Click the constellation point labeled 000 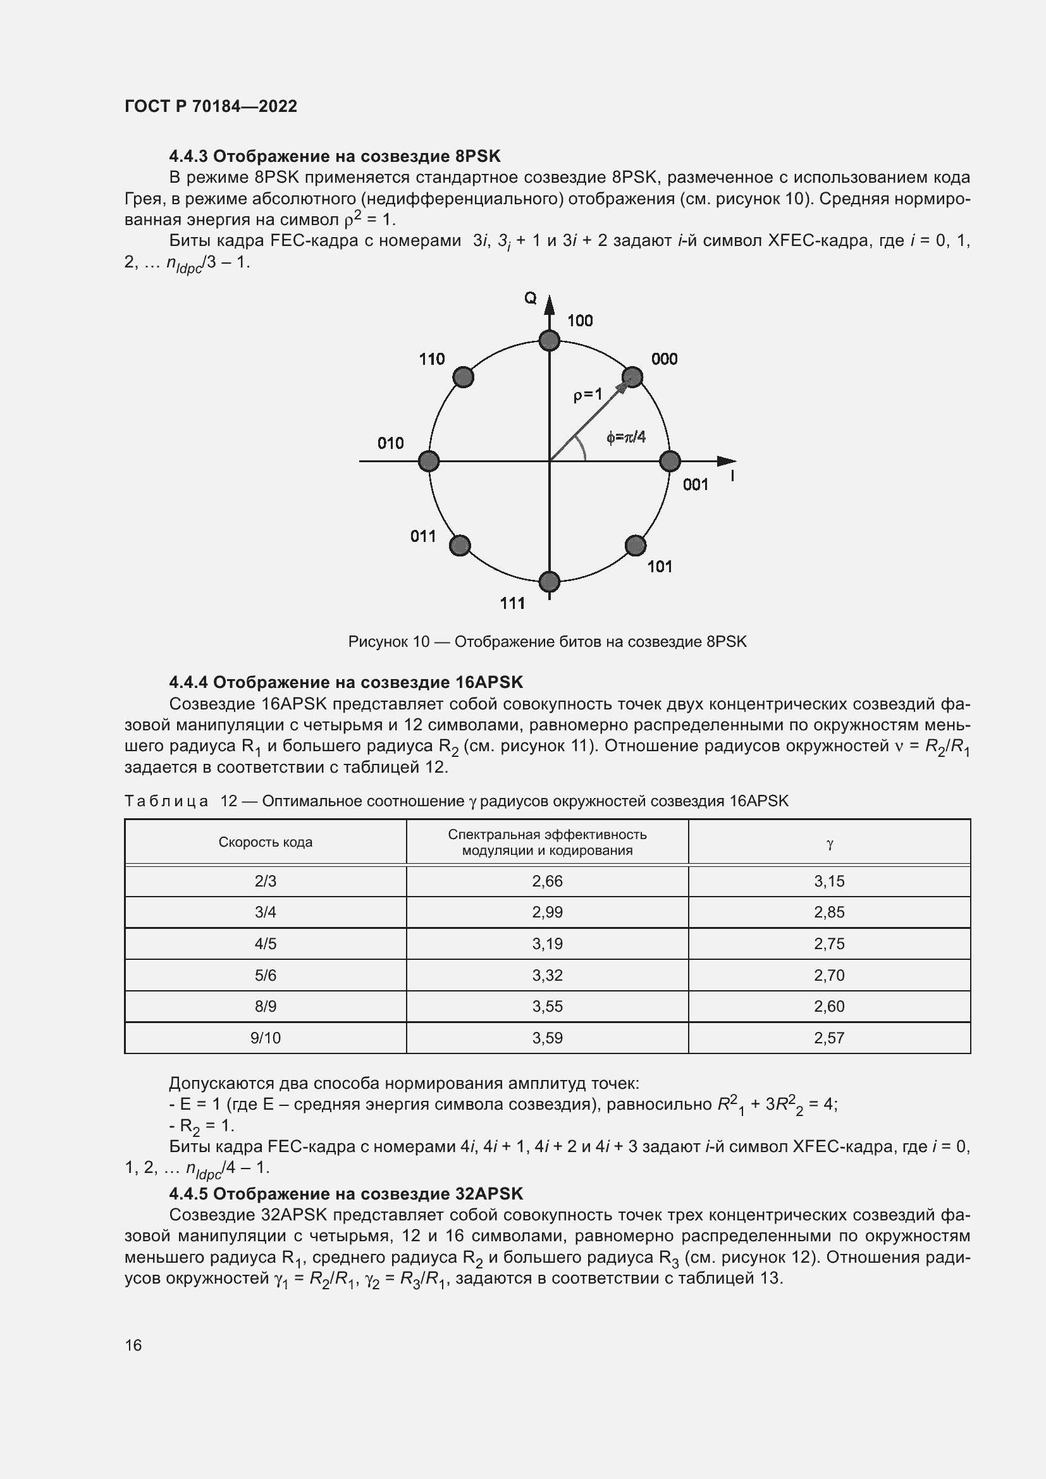pos(632,377)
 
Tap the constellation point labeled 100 pos(549,341)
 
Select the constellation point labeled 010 pos(429,461)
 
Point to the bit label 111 pos(513,604)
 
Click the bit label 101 pos(660,567)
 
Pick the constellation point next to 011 pos(460,546)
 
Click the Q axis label pos(530,298)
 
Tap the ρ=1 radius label pos(588,394)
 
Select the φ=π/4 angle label pos(625,438)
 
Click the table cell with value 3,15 pos(829,881)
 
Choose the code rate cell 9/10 pos(266,1038)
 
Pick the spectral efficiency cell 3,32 pos(548,975)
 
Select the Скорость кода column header pos(266,842)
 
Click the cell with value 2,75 pos(829,943)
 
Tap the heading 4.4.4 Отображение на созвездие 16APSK pos(346,682)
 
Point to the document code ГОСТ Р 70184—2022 pos(211,106)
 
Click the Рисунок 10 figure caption pos(547,642)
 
